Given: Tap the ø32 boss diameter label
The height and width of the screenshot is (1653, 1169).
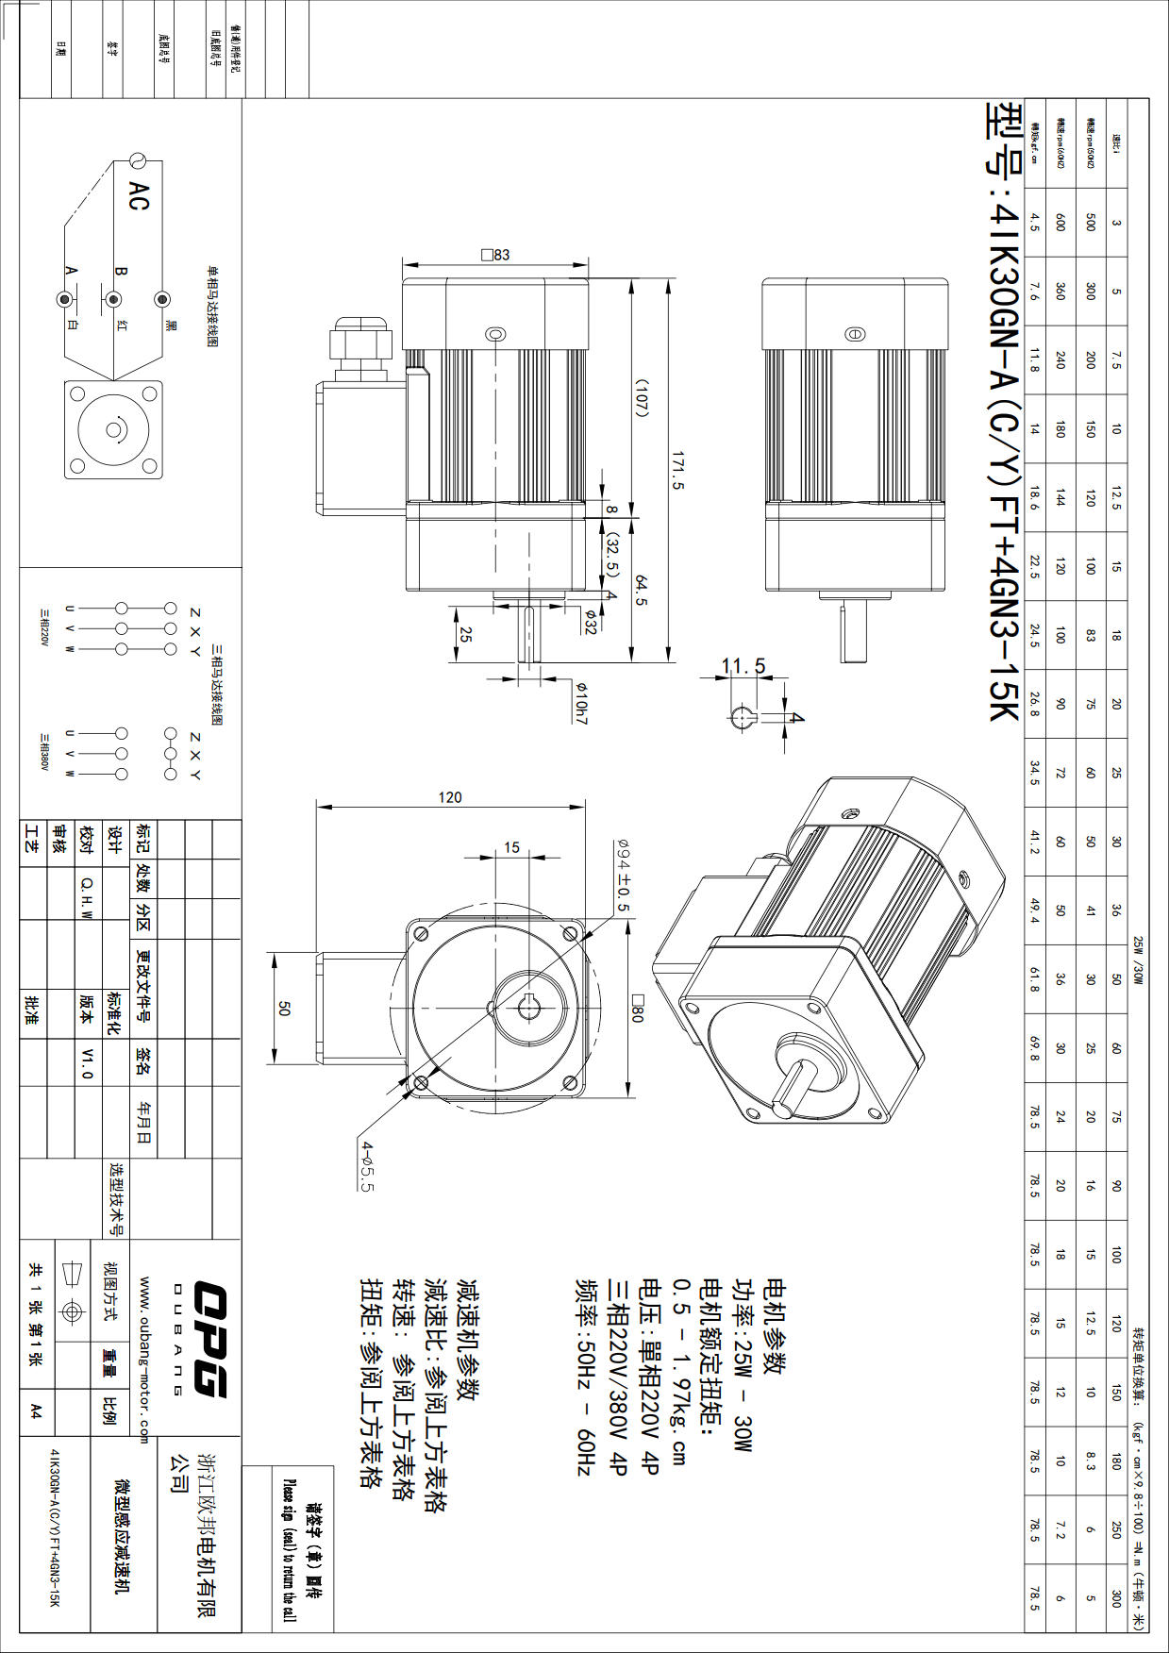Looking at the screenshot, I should click(x=590, y=623).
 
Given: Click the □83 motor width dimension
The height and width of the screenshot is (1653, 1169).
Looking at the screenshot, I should click(x=495, y=255).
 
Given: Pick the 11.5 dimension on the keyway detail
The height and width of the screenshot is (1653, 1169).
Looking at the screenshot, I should click(x=743, y=666).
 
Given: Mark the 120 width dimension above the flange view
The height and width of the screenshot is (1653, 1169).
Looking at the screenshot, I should click(x=450, y=797).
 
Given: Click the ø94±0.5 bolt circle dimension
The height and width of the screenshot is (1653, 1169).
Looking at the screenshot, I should click(x=623, y=876).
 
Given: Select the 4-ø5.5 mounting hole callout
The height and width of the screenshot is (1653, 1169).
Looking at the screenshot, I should click(x=367, y=1165).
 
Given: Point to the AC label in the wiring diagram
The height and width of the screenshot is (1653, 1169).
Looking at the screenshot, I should click(x=139, y=196).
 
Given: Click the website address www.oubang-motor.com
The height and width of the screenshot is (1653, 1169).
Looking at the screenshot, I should click(x=144, y=1359).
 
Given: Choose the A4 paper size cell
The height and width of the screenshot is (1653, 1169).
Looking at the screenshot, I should click(x=36, y=1411).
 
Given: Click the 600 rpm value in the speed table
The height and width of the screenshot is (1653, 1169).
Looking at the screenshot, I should click(x=1060, y=222).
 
